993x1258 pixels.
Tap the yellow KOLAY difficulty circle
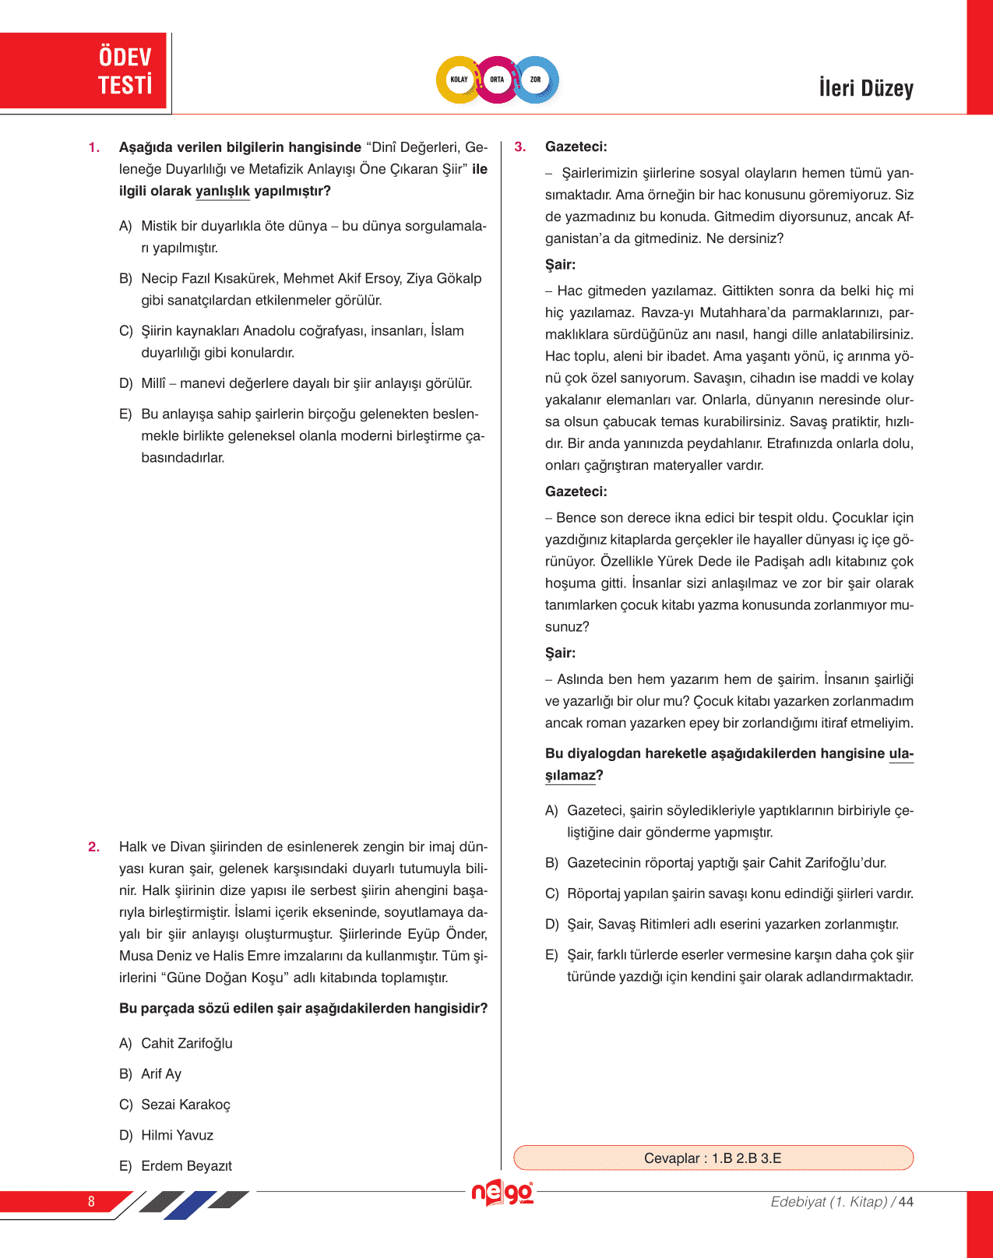(x=459, y=79)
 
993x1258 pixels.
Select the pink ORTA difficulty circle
(x=497, y=79)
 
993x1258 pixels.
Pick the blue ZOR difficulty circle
(x=536, y=79)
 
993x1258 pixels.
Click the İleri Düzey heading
(x=866, y=88)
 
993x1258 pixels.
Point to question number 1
(x=94, y=147)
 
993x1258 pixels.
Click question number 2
(x=94, y=847)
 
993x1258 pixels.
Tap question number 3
(x=520, y=146)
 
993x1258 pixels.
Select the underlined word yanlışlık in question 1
(x=223, y=191)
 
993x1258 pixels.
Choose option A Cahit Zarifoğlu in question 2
(x=186, y=1043)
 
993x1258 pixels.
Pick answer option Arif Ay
(x=160, y=1073)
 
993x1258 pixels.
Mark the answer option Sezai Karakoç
(x=185, y=1105)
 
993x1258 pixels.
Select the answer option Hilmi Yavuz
(x=177, y=1135)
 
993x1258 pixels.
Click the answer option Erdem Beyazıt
(x=186, y=1165)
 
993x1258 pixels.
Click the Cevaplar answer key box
(x=713, y=1158)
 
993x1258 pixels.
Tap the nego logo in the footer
(x=502, y=1193)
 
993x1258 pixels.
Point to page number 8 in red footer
(x=91, y=1201)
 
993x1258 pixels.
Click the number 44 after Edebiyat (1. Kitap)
(x=906, y=1201)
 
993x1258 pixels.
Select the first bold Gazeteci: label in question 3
(x=576, y=146)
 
